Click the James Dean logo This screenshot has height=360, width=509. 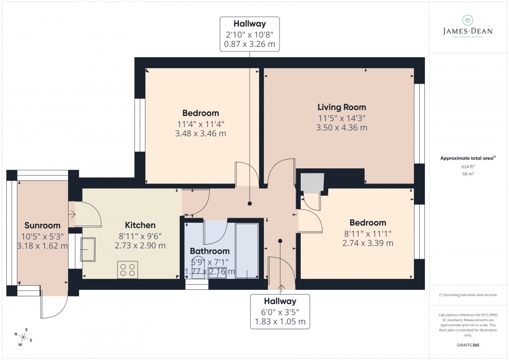tap(468, 27)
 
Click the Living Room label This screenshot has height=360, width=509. tap(342, 107)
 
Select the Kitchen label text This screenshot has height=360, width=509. tap(140, 225)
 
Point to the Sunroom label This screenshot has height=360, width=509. tap(43, 225)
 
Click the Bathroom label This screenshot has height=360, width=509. tap(209, 251)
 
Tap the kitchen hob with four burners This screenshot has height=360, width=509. tap(128, 270)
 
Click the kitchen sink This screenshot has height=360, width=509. tap(87, 249)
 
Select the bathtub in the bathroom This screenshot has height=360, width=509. tap(247, 249)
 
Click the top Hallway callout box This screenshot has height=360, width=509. tap(250, 34)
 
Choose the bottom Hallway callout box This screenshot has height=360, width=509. tap(279, 311)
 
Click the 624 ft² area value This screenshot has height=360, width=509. tap(468, 166)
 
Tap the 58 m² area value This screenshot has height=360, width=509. tap(468, 174)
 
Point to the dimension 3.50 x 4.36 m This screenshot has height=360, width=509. tap(342, 127)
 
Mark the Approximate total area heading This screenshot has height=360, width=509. tap(468, 158)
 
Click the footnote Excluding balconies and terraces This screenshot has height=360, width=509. tap(468, 295)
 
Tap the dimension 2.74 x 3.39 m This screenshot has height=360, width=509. tap(368, 243)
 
